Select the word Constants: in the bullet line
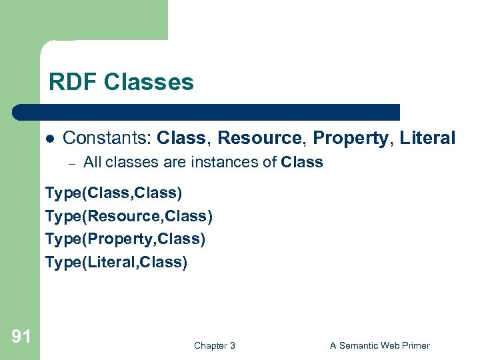click(107, 138)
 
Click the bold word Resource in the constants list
click(259, 138)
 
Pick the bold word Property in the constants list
click(351, 138)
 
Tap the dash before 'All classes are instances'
click(73, 163)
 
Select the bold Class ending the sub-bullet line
click(302, 162)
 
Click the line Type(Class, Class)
click(113, 193)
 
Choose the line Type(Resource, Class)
click(129, 217)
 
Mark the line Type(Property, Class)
click(125, 239)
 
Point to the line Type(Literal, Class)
click(116, 262)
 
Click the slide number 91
click(21, 337)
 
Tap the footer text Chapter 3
click(214, 345)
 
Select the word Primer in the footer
click(415, 345)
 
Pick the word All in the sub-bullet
click(93, 162)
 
